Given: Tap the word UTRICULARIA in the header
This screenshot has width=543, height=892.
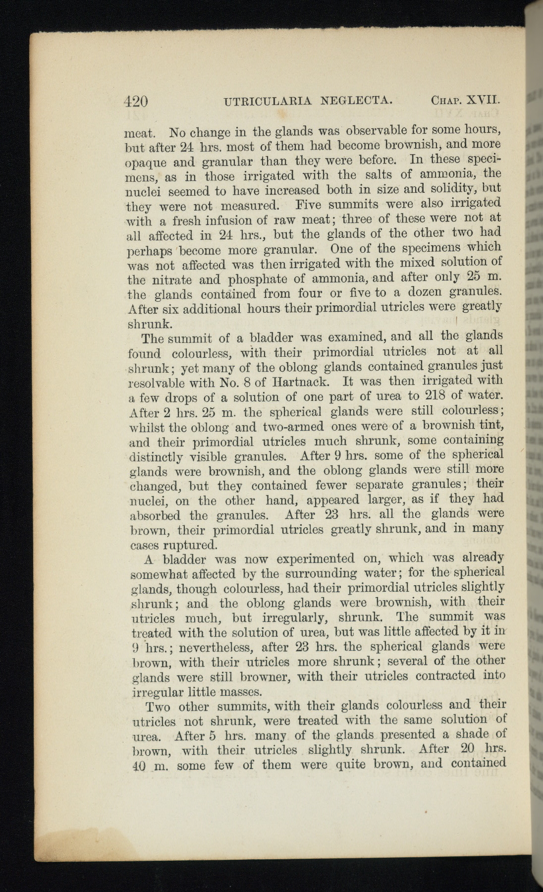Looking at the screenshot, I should (268, 101).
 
